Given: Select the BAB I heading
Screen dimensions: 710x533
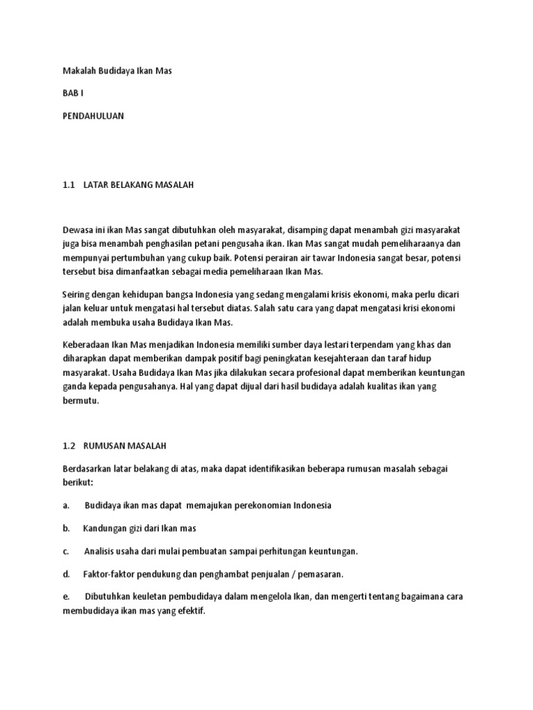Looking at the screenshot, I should coord(72,94).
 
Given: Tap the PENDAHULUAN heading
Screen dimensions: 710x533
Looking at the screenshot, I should coord(93,116).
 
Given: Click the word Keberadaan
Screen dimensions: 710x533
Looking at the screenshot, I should coord(88,345).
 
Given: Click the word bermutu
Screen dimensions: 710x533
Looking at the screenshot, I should coord(81,401).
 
